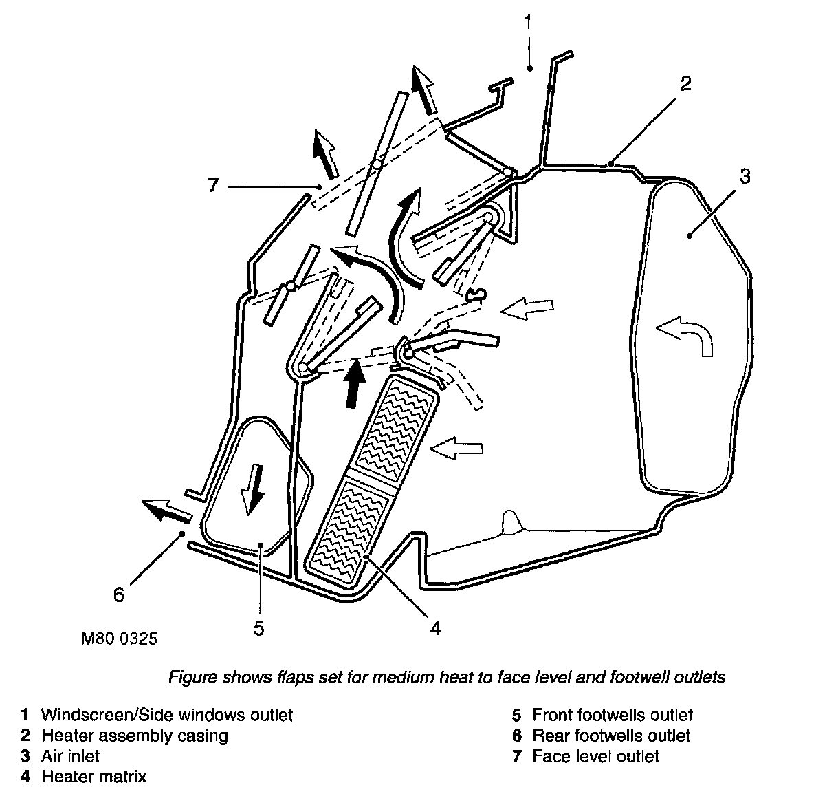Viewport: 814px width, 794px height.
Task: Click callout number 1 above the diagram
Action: point(527,23)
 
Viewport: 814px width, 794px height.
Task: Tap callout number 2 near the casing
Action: point(684,84)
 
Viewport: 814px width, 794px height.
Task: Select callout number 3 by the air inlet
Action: point(745,176)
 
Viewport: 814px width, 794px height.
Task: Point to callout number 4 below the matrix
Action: point(434,627)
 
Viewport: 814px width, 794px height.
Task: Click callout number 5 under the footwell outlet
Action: point(258,628)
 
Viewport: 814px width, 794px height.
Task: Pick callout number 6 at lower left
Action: point(119,594)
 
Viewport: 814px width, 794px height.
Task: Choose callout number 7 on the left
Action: point(213,185)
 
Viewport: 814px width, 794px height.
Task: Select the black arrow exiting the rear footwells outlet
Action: point(166,510)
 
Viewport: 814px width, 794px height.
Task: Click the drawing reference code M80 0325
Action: point(120,639)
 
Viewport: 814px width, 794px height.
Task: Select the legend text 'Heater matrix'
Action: point(94,777)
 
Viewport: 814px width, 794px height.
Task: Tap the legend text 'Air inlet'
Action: point(70,756)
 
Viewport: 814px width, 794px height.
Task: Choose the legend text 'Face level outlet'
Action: point(595,757)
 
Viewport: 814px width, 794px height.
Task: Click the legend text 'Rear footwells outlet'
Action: point(611,736)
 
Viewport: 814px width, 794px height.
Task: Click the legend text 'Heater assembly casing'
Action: point(135,736)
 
